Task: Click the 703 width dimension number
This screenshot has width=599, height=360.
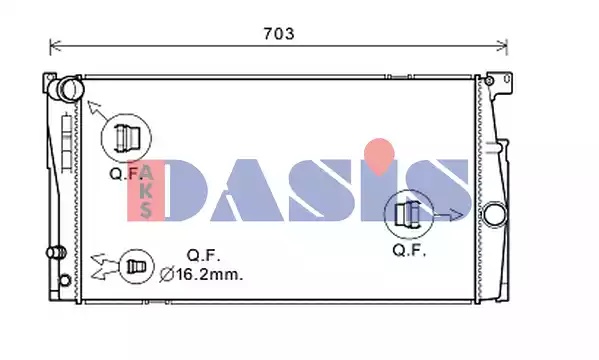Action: click(x=279, y=34)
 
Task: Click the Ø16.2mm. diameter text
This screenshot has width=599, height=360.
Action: click(x=201, y=274)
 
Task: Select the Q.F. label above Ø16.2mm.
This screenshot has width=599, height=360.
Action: click(x=204, y=255)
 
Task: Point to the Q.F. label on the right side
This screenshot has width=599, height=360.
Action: click(x=409, y=250)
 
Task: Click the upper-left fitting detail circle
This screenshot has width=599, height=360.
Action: click(x=126, y=138)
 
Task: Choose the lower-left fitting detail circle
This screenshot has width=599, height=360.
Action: click(x=136, y=266)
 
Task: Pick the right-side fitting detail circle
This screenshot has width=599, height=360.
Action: click(x=409, y=214)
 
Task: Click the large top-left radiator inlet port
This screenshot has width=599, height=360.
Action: click(x=71, y=89)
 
